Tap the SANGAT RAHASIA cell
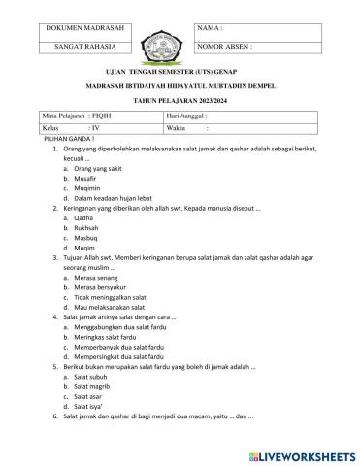coord(86,46)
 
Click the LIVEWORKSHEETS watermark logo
coord(302,453)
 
